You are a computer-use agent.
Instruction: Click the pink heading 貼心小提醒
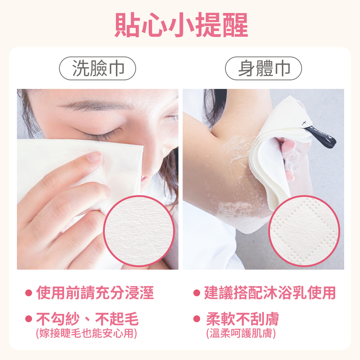pos(181,25)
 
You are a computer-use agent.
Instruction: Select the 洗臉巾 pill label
pos(98,68)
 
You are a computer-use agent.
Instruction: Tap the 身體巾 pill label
pos(264,68)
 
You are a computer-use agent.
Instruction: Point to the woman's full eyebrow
pos(92,105)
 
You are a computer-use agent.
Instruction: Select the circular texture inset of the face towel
pos(139,231)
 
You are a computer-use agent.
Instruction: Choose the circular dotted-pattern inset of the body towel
pos(304,231)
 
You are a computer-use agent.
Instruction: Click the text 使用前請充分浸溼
pos(95,293)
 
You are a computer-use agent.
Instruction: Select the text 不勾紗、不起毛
pos(87,319)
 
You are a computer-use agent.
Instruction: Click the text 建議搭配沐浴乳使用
pos(270,293)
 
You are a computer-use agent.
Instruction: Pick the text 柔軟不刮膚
pos(242,319)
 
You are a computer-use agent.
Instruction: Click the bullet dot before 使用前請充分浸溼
pos(28,293)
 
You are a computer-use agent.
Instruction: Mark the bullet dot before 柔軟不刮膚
pos(197,319)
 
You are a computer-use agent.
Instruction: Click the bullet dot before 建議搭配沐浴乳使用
pos(197,293)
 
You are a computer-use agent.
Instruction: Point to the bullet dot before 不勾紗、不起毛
pos(28,319)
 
